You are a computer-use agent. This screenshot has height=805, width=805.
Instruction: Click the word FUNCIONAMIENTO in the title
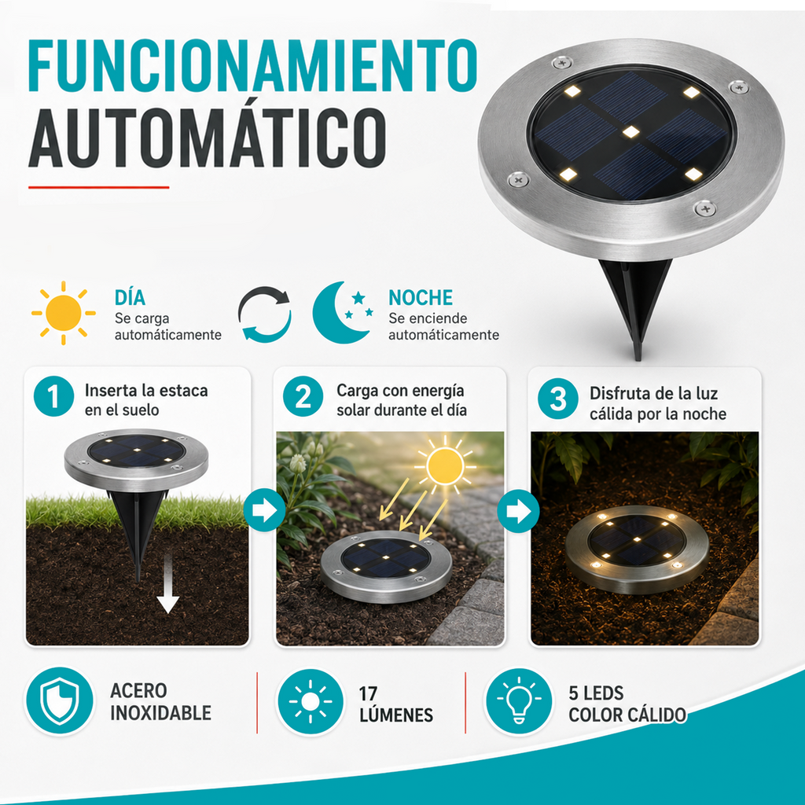252,65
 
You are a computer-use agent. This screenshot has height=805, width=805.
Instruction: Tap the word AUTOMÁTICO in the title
207,138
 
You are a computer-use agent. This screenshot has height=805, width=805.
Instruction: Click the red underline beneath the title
98,187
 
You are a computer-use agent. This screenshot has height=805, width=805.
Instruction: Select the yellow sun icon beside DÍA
63,313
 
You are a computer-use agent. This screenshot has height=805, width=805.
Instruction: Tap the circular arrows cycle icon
264,314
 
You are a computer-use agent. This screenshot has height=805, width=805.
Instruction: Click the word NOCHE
421,298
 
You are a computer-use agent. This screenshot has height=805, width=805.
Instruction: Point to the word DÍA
130,298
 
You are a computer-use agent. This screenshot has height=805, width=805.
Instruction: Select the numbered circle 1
54,396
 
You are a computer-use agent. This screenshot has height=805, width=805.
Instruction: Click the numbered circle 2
303,396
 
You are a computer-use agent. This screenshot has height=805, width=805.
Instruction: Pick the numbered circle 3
558,399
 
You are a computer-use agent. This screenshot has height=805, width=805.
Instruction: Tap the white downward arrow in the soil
168,590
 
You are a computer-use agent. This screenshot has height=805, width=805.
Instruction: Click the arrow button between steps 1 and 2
264,510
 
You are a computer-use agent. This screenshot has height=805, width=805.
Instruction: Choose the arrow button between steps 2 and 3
519,511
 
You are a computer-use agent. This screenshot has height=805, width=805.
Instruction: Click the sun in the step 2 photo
445,466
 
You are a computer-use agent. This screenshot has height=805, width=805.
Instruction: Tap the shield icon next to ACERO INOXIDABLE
60,701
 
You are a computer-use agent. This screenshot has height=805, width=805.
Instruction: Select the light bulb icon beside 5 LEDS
519,702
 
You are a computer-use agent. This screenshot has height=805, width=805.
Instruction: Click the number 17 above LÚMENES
368,693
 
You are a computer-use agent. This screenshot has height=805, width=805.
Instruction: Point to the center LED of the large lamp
630,132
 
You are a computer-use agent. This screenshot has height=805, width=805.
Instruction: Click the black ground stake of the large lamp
635,303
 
